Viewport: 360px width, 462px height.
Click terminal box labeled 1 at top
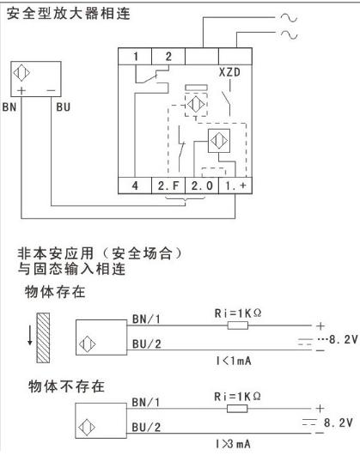pos(135,57)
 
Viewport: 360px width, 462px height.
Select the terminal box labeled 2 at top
pos(168,57)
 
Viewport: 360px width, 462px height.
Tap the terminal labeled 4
pos(135,185)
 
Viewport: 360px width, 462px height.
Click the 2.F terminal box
pos(168,185)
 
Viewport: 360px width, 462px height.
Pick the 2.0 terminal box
pos(202,185)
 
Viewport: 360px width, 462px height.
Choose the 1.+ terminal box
pos(235,185)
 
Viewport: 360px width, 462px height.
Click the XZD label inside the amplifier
pos(229,72)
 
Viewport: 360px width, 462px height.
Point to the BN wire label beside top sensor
pos(9,107)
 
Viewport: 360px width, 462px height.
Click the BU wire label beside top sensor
pos(64,107)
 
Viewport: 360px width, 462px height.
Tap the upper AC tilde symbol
pos(289,18)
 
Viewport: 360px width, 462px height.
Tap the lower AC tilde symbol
pos(289,34)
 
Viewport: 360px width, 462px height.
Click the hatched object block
pos(43,337)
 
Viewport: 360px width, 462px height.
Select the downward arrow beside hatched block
pos(30,334)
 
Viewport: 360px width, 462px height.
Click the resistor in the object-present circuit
pos(238,325)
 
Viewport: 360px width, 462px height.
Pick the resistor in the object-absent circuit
pos(237,409)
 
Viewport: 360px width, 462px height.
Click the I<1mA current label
pos(234,361)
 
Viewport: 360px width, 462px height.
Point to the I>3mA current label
pos(233,443)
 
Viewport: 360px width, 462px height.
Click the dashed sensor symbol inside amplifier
pos(196,104)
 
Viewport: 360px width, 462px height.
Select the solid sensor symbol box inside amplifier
pos(219,141)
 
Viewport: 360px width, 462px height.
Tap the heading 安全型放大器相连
pos(69,14)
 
